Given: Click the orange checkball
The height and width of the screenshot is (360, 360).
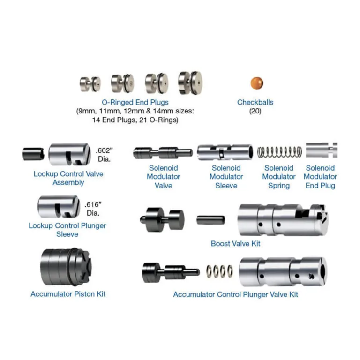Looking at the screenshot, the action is coord(257,83).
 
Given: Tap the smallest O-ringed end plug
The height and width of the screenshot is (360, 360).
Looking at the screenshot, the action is coord(90,84).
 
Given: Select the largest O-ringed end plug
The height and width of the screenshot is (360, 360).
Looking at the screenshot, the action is coord(190,83).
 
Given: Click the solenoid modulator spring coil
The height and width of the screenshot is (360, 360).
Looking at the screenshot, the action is coord(279,152).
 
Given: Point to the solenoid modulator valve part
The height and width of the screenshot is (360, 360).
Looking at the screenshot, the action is coord(163,153).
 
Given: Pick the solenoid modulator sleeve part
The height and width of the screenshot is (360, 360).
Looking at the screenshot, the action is coord(225,152).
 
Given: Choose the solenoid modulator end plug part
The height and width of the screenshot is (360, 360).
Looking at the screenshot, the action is coord(322,150).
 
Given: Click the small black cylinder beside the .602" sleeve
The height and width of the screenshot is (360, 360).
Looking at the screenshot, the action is coord(33,154).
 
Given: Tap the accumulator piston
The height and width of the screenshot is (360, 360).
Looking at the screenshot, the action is coord(66,267).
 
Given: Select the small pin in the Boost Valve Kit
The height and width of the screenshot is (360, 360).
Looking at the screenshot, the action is coord(211,220).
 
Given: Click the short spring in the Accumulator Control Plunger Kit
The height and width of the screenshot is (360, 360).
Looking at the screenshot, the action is coord(219,271).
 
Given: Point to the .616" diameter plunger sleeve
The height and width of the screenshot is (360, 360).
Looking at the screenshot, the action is coord(59,206).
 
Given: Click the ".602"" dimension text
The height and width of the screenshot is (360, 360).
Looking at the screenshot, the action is coord(105,150).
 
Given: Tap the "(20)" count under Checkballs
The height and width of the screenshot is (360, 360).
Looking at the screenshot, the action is coord(255,111).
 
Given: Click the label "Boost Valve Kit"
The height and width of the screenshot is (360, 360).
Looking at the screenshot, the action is coord(236,243).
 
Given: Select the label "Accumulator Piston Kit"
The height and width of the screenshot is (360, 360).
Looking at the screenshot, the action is coord(68,294).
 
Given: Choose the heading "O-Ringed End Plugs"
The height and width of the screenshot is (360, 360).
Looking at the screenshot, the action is coord(135,102).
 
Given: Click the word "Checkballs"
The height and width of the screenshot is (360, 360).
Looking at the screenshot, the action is coord(255,102).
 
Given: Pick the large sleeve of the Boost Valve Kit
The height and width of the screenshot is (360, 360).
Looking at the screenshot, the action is coord(283,220).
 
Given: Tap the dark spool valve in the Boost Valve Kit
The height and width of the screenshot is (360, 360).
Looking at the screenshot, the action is coord(162,219).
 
